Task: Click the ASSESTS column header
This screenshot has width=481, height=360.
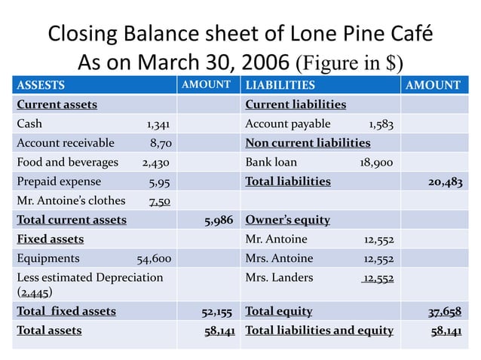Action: [x=41, y=85]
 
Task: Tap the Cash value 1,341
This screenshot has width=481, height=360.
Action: [x=158, y=124]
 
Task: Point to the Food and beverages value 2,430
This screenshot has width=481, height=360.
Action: [x=155, y=162]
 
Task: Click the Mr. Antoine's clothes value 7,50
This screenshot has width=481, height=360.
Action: [x=159, y=201]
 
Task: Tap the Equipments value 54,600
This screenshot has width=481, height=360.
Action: [x=153, y=258]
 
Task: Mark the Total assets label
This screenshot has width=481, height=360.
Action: [x=50, y=330]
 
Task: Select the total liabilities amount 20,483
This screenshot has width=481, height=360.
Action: [x=440, y=182]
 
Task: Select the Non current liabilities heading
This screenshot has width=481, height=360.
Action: [x=308, y=142]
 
